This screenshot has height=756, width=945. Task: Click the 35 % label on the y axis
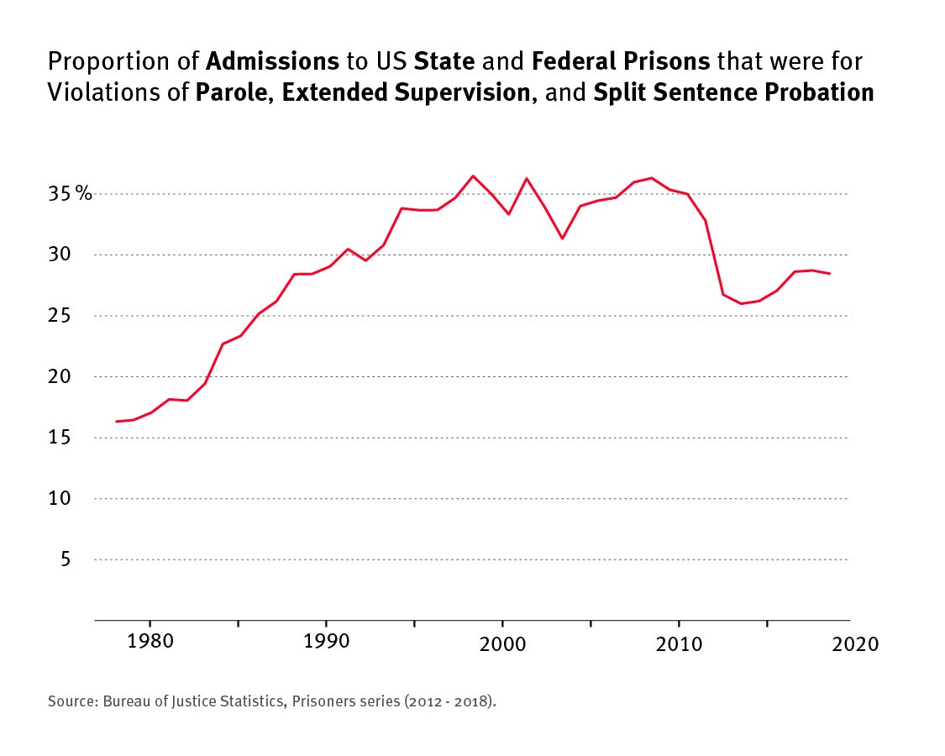pyautogui.click(x=70, y=194)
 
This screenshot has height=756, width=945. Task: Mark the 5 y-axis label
pyautogui.click(x=65, y=559)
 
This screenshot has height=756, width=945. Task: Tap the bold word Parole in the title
pyautogui.click(x=234, y=92)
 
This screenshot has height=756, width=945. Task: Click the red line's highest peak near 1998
pyautogui.click(x=473, y=176)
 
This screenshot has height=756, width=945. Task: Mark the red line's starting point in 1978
pyautogui.click(x=116, y=422)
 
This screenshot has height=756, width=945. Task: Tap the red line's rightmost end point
pyautogui.click(x=830, y=274)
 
